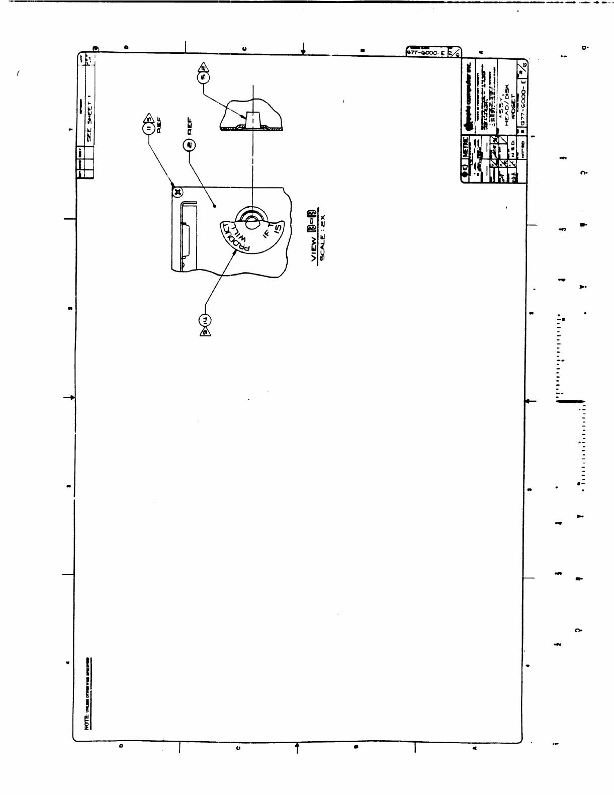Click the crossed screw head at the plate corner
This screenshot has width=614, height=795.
point(177,191)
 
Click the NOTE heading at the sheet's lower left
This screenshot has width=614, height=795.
point(87,722)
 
